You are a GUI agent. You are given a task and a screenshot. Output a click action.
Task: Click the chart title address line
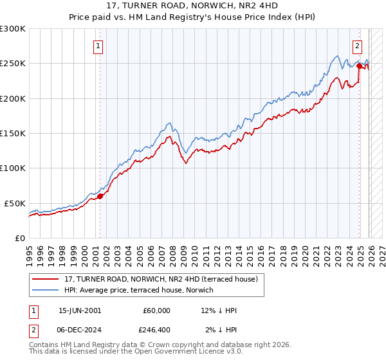tap(193, 6)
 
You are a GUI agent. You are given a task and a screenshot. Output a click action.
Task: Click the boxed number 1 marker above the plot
tap(99, 46)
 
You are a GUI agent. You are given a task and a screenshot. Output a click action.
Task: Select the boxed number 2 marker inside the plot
tap(357, 46)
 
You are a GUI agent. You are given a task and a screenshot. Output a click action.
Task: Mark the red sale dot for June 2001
tap(100, 196)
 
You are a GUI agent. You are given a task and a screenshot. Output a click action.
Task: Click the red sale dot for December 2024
tap(358, 66)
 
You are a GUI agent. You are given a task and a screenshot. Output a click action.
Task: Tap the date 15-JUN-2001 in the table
tap(80, 310)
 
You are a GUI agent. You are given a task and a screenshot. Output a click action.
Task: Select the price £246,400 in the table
tap(157, 329)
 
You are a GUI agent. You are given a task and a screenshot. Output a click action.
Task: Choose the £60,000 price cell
tap(157, 310)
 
